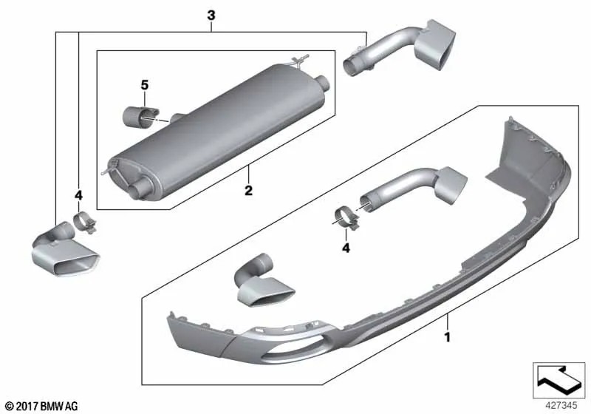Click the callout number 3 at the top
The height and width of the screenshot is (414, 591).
211,16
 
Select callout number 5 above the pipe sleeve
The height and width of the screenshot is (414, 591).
145,85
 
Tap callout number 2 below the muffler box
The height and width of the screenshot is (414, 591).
248,191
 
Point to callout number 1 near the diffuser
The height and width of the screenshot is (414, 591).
448,337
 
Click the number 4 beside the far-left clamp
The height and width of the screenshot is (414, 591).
78,196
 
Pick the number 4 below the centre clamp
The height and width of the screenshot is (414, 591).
346,248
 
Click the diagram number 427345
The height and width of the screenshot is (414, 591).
561,406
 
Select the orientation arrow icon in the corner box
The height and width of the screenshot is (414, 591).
558,380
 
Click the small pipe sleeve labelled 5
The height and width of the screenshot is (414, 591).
140,116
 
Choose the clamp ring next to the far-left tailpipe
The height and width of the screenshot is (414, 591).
84,223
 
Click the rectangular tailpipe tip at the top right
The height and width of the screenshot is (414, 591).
435,44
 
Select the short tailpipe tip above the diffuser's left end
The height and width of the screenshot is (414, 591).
263,281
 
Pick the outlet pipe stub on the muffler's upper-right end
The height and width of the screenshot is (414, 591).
323,83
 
